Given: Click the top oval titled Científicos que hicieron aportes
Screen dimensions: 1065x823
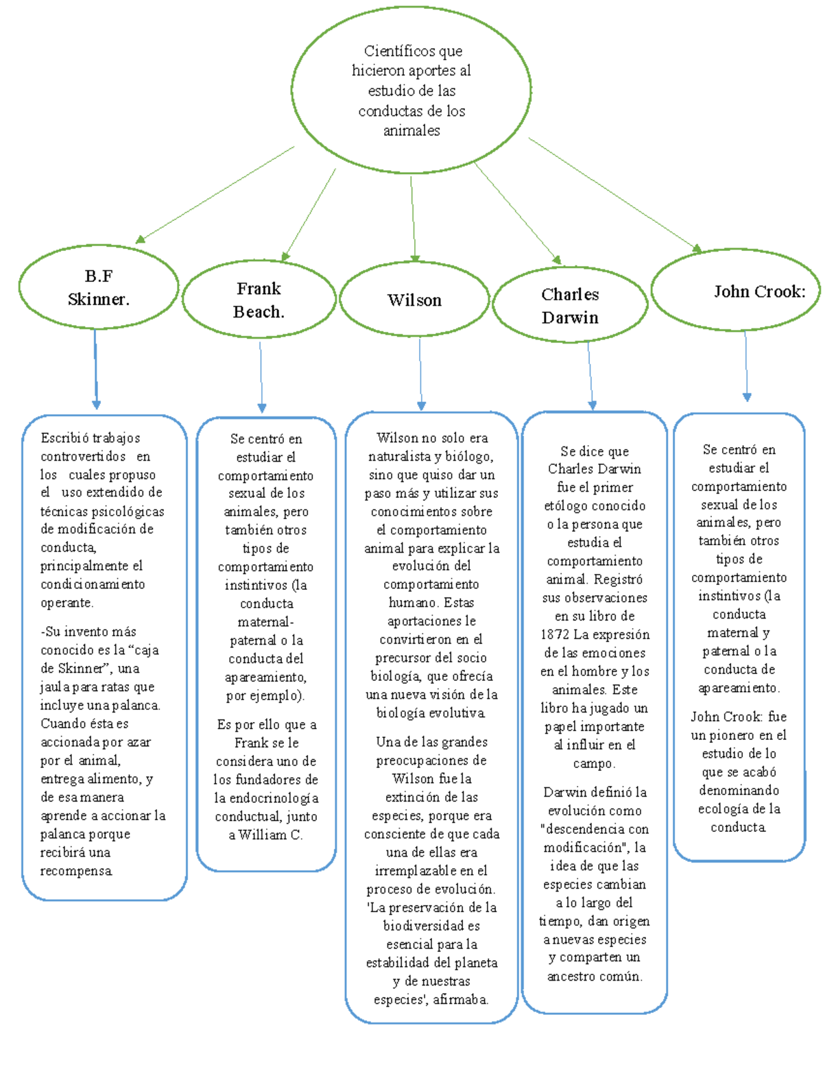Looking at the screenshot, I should click(x=411, y=90).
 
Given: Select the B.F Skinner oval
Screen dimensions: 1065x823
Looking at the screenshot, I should click(x=99, y=287).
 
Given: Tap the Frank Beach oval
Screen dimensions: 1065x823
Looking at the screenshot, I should click(x=259, y=300).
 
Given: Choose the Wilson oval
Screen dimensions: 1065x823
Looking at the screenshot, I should click(x=414, y=300).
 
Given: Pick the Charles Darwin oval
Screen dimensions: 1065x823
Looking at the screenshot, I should click(x=570, y=305).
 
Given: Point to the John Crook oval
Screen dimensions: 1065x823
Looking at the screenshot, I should click(x=736, y=291).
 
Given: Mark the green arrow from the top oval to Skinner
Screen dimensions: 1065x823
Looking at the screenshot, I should click(x=215, y=194).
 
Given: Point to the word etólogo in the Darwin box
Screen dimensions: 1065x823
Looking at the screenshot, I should click(x=569, y=506).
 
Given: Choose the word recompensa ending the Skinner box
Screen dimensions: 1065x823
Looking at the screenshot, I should click(x=75, y=871).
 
